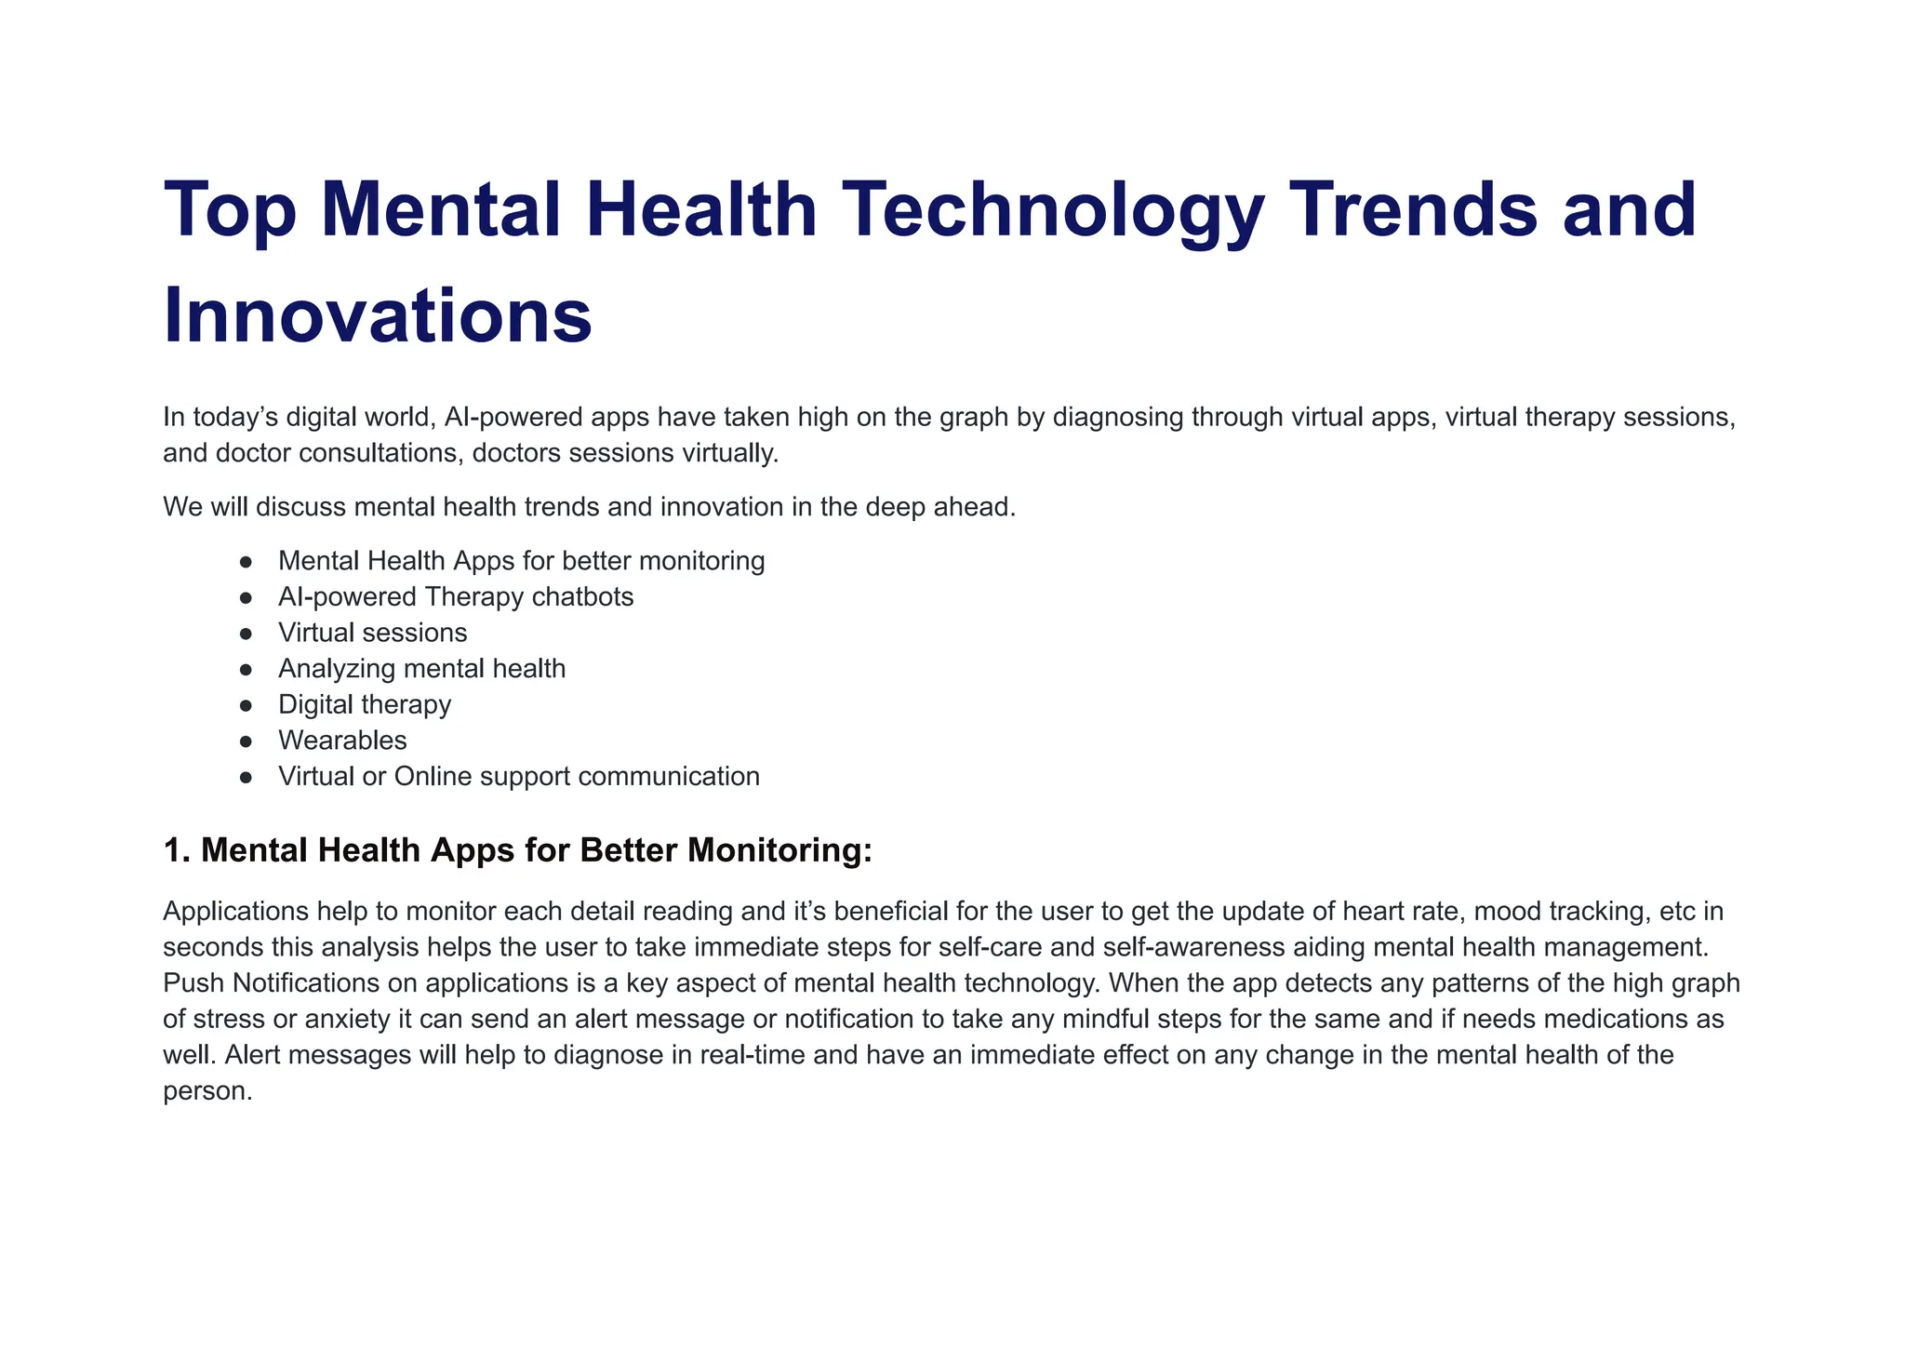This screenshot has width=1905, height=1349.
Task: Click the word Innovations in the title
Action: (378, 316)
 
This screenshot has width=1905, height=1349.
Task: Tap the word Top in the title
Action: (230, 209)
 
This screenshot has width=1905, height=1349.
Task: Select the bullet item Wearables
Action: (342, 741)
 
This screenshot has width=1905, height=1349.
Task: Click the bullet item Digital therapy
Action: (365, 704)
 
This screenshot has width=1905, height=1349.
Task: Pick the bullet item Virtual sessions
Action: (372, 633)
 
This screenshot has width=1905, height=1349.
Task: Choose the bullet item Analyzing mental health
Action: (421, 669)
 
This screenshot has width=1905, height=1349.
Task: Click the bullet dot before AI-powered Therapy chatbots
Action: (246, 597)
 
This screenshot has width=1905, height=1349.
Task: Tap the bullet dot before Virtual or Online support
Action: (246, 777)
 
